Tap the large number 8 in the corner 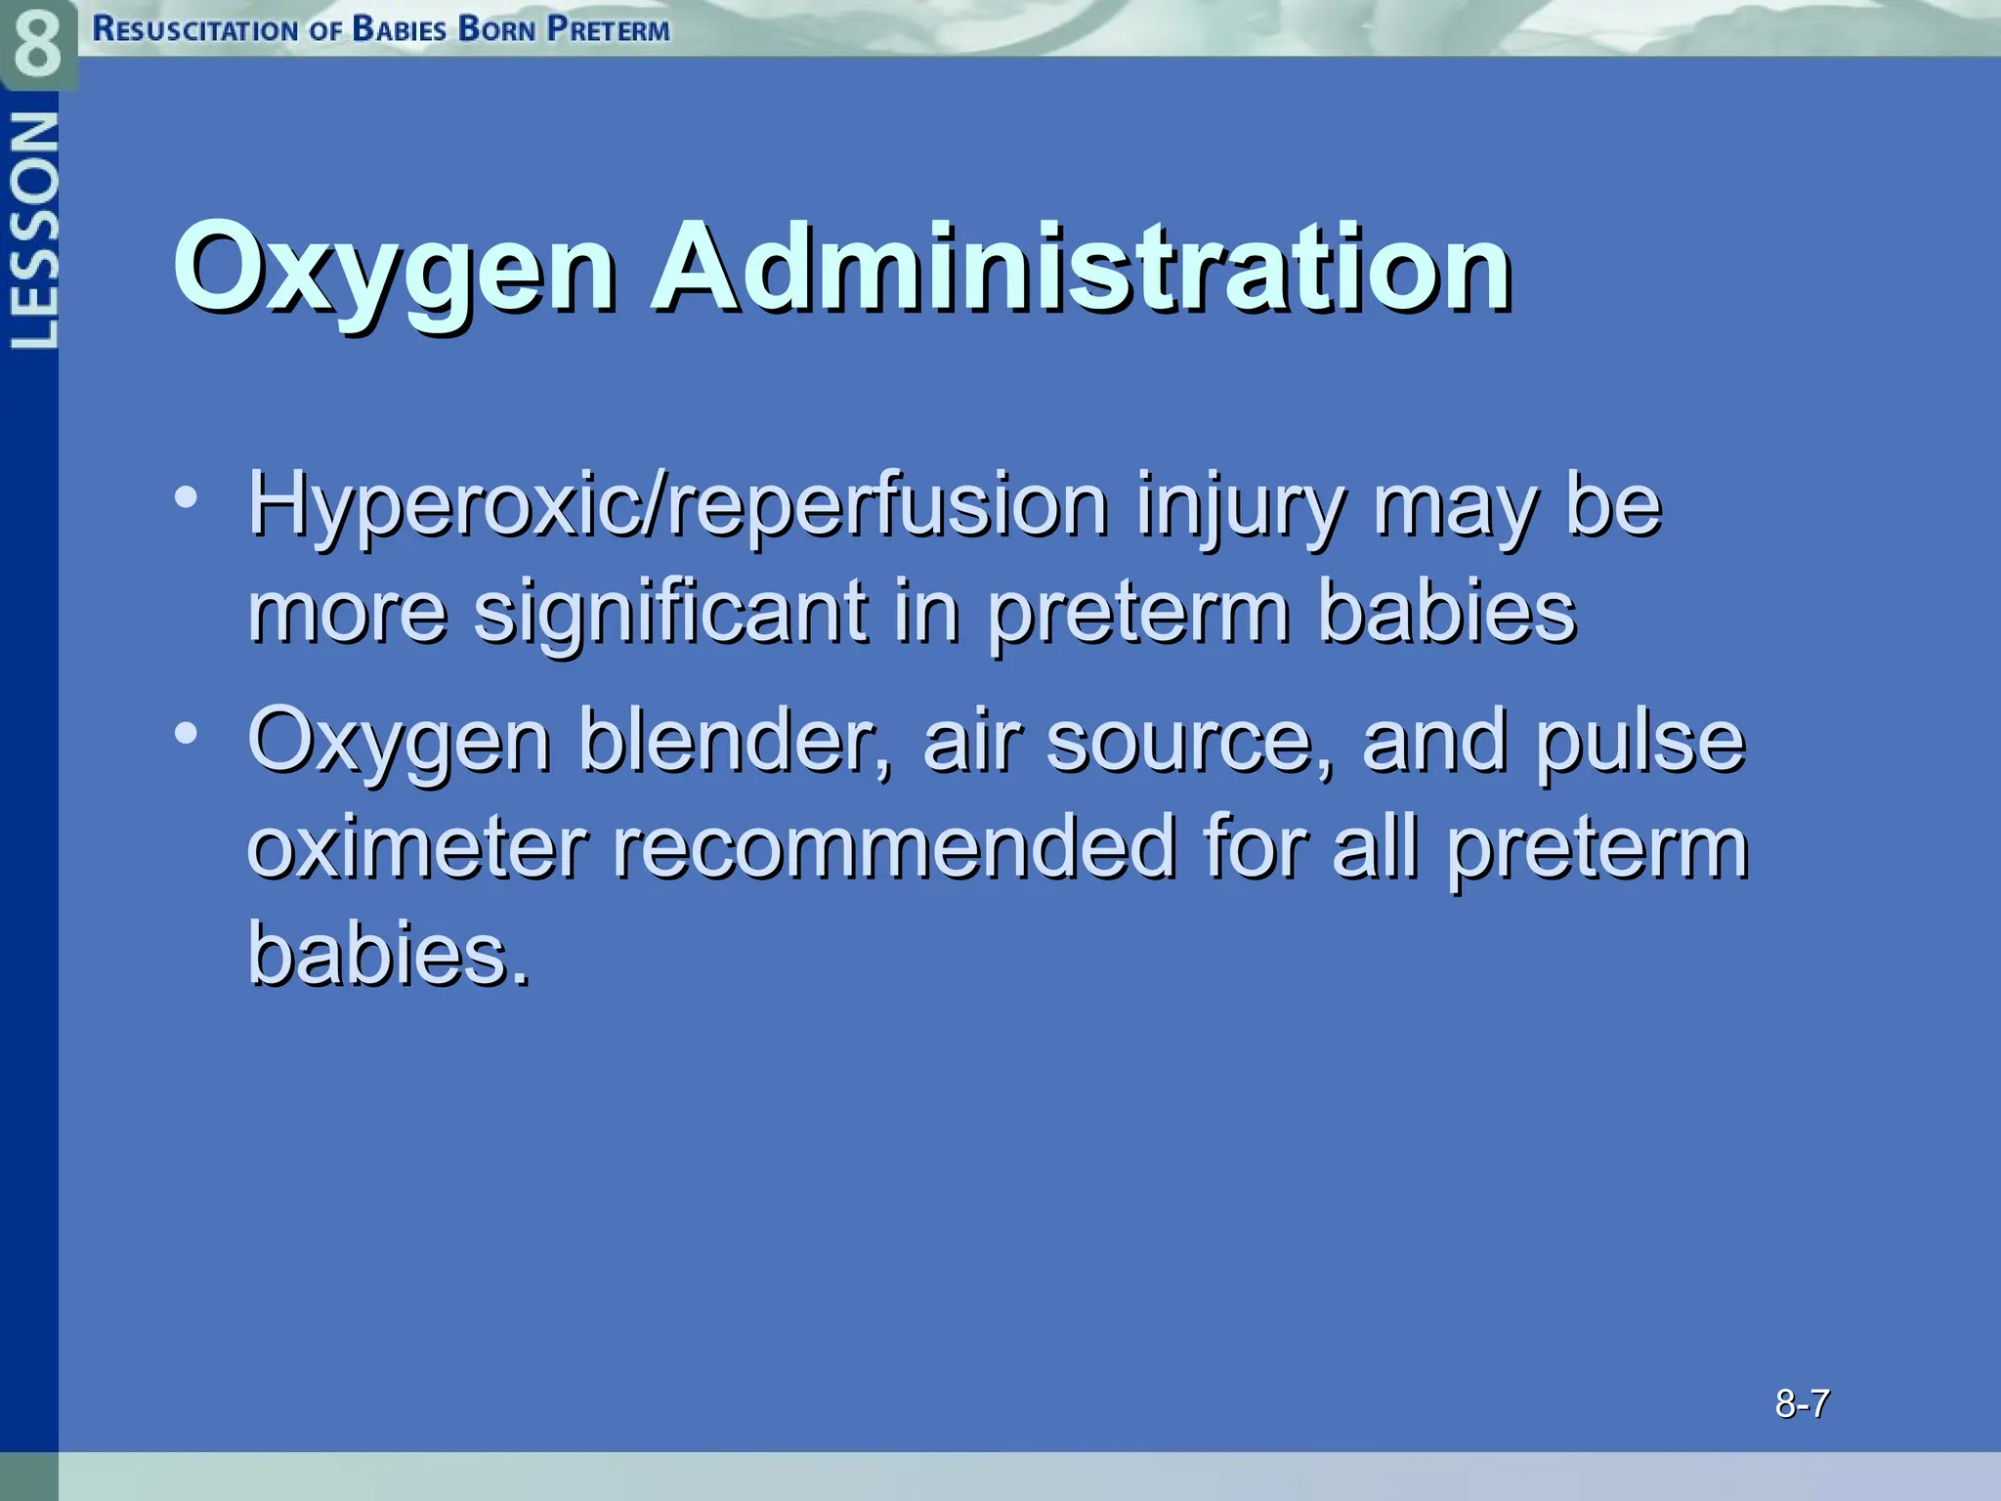pyautogui.click(x=37, y=44)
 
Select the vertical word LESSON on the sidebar pyautogui.click(x=33, y=231)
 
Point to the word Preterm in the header pyautogui.click(x=608, y=29)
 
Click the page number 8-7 pyautogui.click(x=1802, y=1404)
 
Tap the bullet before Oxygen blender pyautogui.click(x=186, y=732)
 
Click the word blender pyautogui.click(x=735, y=741)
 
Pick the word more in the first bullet pyautogui.click(x=347, y=614)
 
